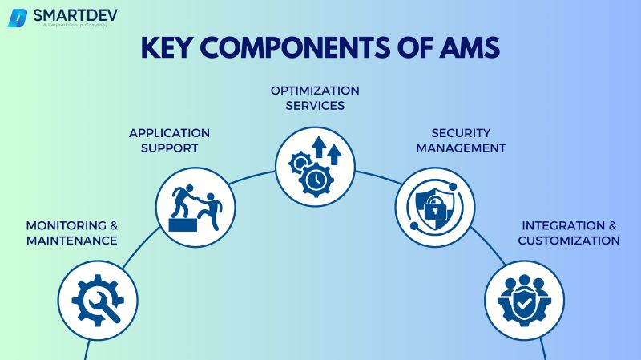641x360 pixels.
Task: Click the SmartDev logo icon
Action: pos(18,18)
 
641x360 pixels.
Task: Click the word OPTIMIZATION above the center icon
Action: pos(315,90)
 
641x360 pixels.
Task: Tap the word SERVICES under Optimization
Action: pos(315,105)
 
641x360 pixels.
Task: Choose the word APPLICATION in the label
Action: pos(170,132)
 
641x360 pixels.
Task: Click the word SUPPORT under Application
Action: pos(170,148)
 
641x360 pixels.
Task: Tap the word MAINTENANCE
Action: pos(72,241)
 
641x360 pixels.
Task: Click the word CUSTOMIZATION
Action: pos(569,241)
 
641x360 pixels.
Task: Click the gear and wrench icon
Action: pos(97,301)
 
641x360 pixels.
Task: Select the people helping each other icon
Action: pos(195,207)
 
